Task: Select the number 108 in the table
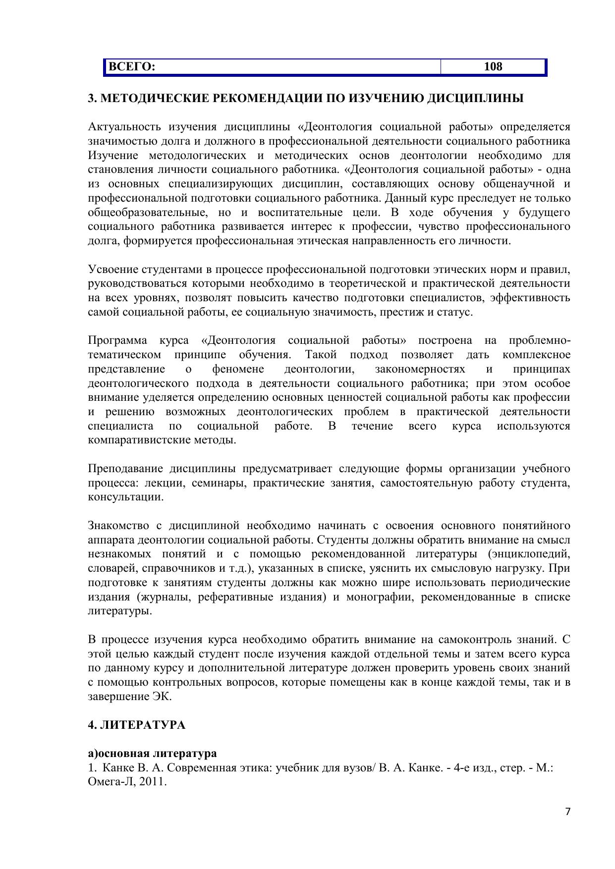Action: coord(493,67)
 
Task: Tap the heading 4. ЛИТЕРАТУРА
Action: coord(137,725)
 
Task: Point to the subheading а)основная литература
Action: coord(152,753)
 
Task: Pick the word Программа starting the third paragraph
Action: coord(117,341)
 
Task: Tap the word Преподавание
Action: coord(125,469)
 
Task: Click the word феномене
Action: coord(238,369)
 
